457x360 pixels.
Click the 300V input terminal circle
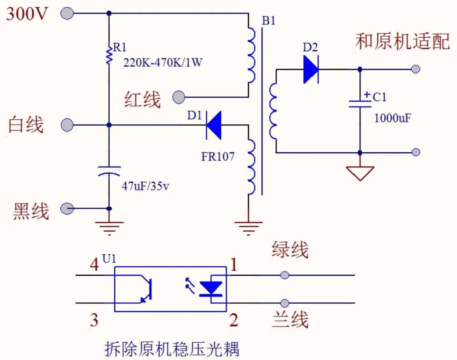pyautogui.click(x=67, y=14)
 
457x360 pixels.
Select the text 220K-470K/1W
pyautogui.click(x=163, y=63)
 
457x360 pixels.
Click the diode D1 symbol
pyautogui.click(x=213, y=125)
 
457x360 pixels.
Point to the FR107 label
pyautogui.click(x=218, y=157)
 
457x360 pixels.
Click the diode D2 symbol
pyautogui.click(x=311, y=69)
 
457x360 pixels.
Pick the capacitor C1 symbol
pyautogui.click(x=360, y=103)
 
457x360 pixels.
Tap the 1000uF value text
pyautogui.click(x=393, y=118)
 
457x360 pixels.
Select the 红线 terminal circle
pyautogui.click(x=179, y=97)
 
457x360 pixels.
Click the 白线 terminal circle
pyautogui.click(x=67, y=125)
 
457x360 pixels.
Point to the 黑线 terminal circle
pyautogui.click(x=67, y=209)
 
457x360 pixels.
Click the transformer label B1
pyautogui.click(x=268, y=21)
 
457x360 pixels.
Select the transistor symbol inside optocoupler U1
pyautogui.click(x=146, y=289)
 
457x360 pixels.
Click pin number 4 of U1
pyautogui.click(x=94, y=266)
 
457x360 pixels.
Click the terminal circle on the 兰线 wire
pyautogui.click(x=285, y=303)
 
